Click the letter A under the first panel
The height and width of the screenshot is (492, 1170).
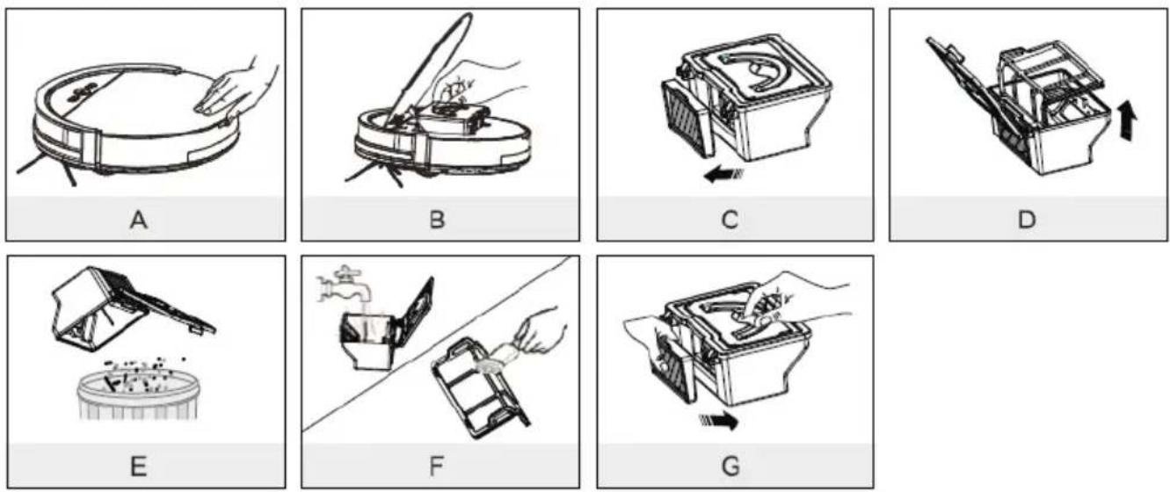pyautogui.click(x=138, y=220)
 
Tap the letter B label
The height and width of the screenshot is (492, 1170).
pyautogui.click(x=437, y=220)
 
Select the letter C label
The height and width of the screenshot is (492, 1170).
pyautogui.click(x=730, y=220)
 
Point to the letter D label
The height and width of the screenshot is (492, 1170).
pyautogui.click(x=1027, y=220)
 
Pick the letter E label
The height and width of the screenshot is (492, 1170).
pyautogui.click(x=138, y=466)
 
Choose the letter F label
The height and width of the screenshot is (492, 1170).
pyautogui.click(x=437, y=466)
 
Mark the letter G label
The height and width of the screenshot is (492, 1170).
pyautogui.click(x=730, y=466)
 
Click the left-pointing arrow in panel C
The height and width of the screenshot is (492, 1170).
pyautogui.click(x=723, y=174)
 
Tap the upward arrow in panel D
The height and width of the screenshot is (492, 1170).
pyautogui.click(x=1128, y=120)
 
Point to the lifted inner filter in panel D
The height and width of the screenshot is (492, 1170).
pyautogui.click(x=1050, y=78)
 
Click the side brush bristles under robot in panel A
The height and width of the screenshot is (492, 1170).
pyautogui.click(x=47, y=167)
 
